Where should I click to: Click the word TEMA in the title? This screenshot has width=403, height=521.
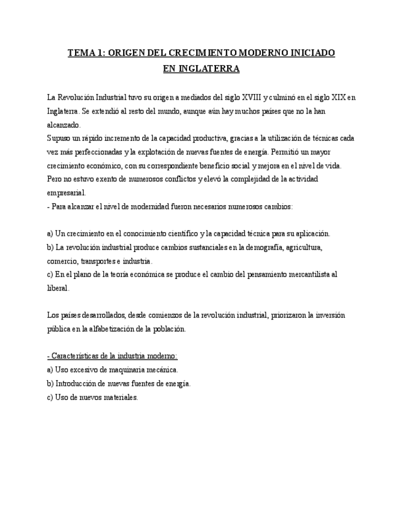click(81, 53)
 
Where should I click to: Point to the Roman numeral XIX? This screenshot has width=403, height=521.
click(335, 98)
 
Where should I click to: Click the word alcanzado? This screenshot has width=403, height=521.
click(64, 125)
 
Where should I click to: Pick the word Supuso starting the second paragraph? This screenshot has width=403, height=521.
click(58, 138)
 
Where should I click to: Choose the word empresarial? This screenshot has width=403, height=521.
click(66, 192)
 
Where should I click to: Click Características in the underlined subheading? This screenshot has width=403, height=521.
click(75, 356)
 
